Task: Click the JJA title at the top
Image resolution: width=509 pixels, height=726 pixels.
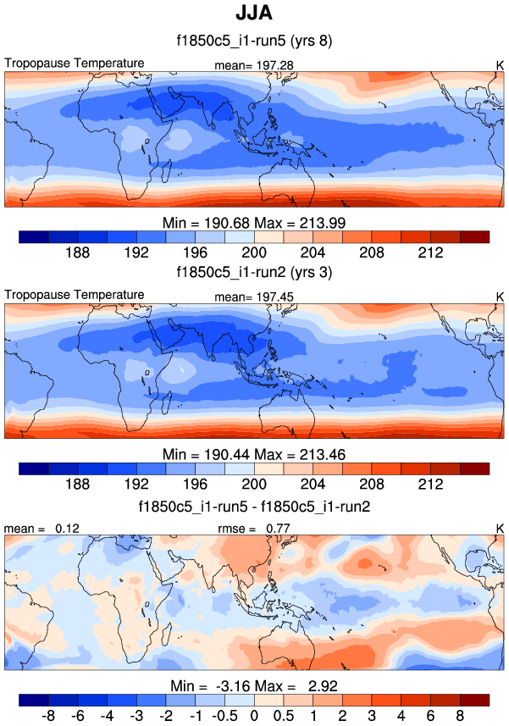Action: click(x=253, y=15)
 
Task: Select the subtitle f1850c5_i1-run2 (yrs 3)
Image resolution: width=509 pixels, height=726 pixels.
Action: click(x=253, y=273)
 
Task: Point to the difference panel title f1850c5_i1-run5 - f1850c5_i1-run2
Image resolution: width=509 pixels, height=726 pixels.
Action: click(x=253, y=507)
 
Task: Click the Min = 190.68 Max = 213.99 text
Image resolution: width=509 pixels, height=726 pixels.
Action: click(x=253, y=222)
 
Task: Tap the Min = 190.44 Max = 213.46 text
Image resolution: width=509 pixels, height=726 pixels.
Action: click(x=253, y=453)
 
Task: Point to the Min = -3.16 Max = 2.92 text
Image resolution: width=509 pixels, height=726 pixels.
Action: click(x=253, y=684)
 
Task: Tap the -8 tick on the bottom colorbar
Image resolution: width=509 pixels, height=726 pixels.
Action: click(x=47, y=716)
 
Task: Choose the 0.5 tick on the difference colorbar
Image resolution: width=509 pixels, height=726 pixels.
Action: click(x=283, y=716)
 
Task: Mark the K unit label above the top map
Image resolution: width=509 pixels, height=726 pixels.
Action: click(x=499, y=65)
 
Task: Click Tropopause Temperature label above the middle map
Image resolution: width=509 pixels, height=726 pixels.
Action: click(x=75, y=295)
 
